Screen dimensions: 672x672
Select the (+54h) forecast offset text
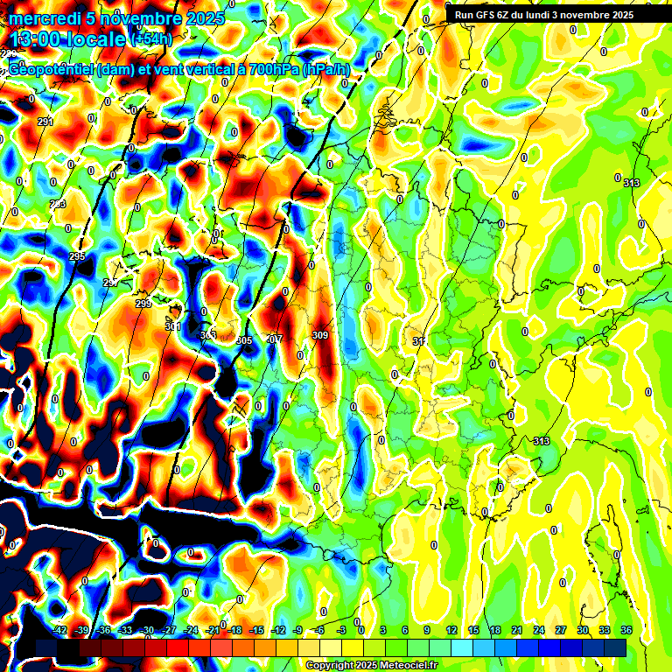(150, 38)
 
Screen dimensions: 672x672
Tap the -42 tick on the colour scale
(60, 630)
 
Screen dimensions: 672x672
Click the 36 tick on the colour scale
(626, 630)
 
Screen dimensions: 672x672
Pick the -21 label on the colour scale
(213, 630)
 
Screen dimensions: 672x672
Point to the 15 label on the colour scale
(472, 630)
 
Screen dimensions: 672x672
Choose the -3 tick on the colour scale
(342, 630)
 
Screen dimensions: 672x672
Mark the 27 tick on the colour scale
(561, 630)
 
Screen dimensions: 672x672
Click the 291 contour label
(45, 122)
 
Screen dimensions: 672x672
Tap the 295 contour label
(77, 256)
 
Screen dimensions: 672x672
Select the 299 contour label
(143, 304)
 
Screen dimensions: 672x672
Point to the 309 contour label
(319, 335)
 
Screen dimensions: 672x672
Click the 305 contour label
(244, 340)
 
